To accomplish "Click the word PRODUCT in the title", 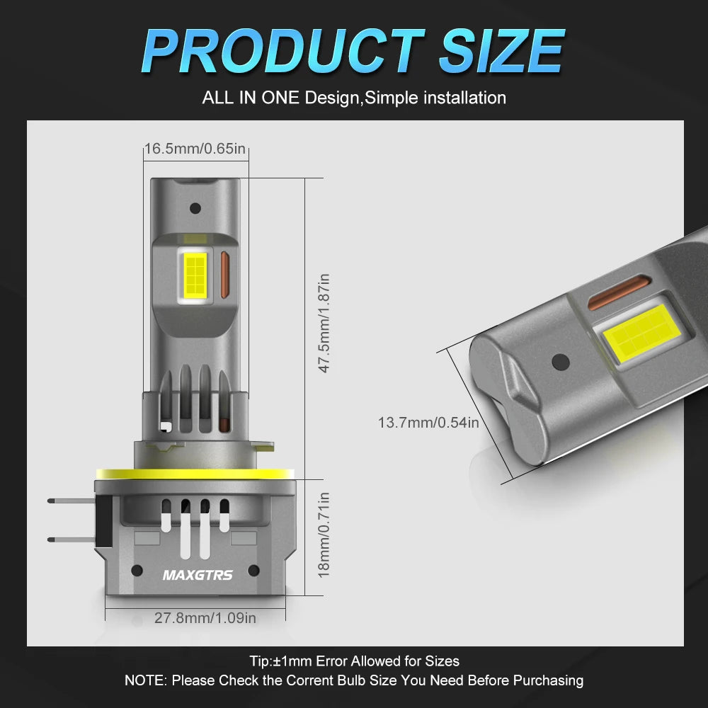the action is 284,50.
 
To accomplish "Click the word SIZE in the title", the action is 502,50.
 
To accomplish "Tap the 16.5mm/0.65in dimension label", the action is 195,149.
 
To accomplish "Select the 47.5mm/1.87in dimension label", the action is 324,324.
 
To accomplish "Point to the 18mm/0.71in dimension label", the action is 324,535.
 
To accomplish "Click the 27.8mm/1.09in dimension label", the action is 205,617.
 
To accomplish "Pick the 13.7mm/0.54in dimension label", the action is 428,423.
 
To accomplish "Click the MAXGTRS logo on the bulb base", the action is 198,575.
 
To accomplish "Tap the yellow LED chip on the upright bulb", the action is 195,274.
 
